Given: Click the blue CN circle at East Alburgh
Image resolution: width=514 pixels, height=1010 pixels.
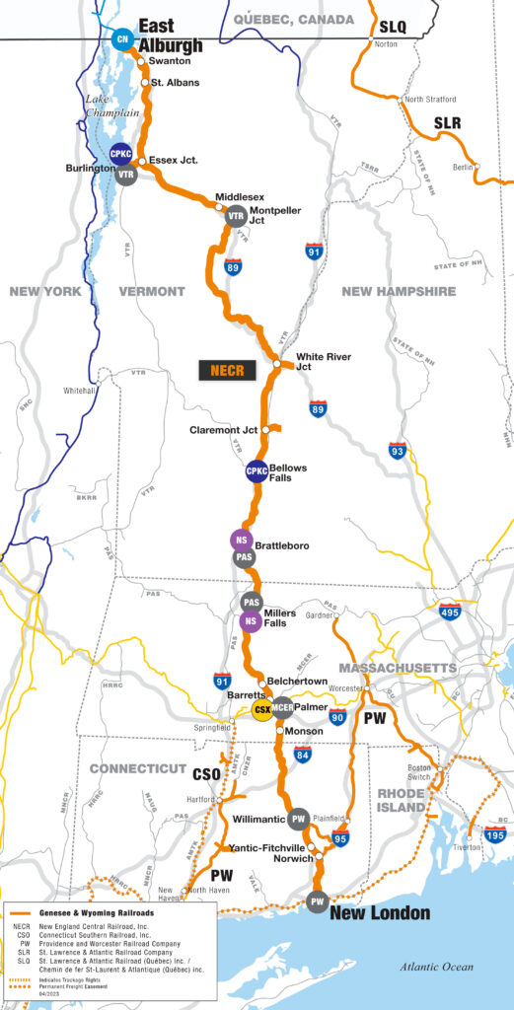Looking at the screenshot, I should pos(122,39).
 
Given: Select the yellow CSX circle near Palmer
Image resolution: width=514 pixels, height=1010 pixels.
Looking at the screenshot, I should pos(262,710).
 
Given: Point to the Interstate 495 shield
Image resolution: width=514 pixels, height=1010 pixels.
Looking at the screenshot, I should pos(450,612).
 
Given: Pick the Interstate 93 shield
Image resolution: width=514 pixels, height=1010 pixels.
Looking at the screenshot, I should pos(398,452).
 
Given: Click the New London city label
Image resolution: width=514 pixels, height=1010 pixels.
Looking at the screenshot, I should pos(379,913).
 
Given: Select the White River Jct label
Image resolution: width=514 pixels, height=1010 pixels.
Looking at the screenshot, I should pos(324,361).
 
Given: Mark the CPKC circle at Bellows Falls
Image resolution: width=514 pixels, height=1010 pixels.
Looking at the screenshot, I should pos(257,471).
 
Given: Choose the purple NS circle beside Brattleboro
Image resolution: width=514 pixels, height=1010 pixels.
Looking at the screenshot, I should pos(240,540).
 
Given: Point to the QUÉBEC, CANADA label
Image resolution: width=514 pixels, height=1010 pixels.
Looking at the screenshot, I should pos(294,19).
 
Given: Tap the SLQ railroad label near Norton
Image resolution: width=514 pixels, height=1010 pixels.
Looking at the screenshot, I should pos(392,29).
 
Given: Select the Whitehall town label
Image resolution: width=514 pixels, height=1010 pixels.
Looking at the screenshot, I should pos(79,391).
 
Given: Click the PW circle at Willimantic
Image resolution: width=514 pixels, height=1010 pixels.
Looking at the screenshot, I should pos(299,818).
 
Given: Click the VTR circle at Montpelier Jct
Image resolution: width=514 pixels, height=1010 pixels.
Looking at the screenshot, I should pos(236,216).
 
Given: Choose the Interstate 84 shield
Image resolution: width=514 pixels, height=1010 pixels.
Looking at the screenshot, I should pos(302,756).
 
